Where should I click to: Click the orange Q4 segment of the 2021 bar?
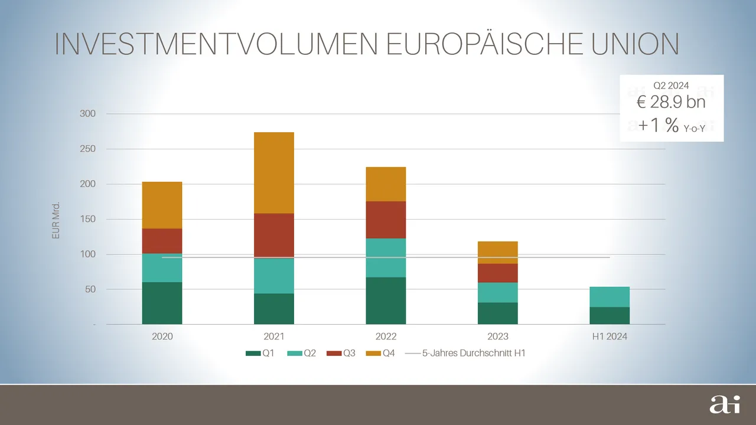(x=274, y=172)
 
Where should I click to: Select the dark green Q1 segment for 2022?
(x=386, y=300)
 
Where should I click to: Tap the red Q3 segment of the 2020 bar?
(x=162, y=241)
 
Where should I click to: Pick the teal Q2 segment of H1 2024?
(x=610, y=297)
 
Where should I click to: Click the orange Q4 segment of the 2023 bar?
(x=498, y=252)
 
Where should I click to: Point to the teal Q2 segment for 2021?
(x=274, y=276)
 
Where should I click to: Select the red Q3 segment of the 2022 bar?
(x=386, y=220)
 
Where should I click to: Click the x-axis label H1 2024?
(x=610, y=337)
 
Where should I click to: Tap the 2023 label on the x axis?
(x=498, y=337)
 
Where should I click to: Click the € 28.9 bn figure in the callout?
(x=671, y=103)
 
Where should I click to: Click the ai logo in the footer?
(x=721, y=405)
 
